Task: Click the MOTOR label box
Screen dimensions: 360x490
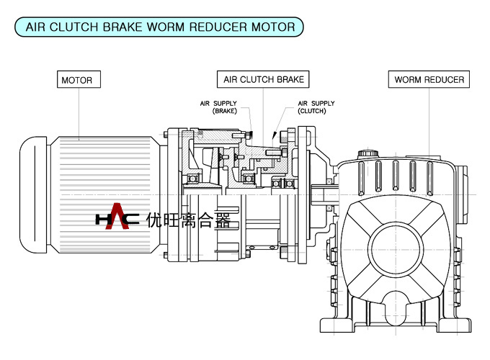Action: coord(77,80)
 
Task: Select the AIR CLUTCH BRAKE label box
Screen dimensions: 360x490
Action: coord(264,79)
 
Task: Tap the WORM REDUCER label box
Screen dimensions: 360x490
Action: coord(429,79)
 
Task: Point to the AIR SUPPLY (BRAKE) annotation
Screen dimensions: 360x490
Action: coord(218,107)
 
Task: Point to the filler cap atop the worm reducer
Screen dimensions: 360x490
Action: coord(368,153)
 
